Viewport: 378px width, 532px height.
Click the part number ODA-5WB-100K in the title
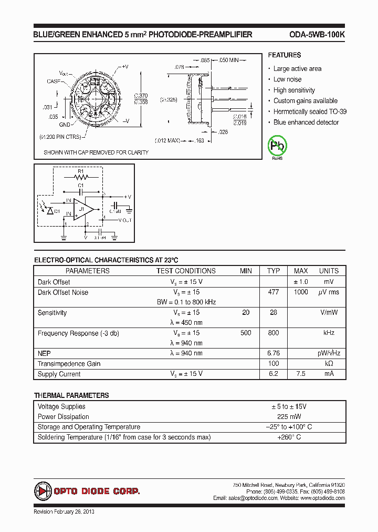point(317,35)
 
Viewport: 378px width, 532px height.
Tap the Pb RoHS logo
point(277,147)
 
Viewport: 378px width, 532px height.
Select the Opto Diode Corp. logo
point(87,491)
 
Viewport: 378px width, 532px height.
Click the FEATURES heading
point(284,55)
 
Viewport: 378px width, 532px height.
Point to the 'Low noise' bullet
point(287,79)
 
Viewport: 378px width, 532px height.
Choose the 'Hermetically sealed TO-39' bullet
point(310,111)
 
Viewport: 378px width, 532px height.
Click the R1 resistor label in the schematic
point(80,171)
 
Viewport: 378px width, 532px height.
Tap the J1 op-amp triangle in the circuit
point(82,209)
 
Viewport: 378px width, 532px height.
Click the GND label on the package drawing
point(65,125)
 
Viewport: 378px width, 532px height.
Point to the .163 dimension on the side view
point(199,140)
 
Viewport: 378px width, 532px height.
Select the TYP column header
point(274,271)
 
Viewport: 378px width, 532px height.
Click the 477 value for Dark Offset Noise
point(274,292)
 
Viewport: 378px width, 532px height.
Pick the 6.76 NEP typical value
point(274,353)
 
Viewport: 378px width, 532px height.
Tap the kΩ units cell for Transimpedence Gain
point(329,364)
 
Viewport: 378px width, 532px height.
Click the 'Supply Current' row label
point(59,374)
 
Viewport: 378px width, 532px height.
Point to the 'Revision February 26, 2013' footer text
point(64,511)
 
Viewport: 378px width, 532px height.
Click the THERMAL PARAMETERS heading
point(71,395)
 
